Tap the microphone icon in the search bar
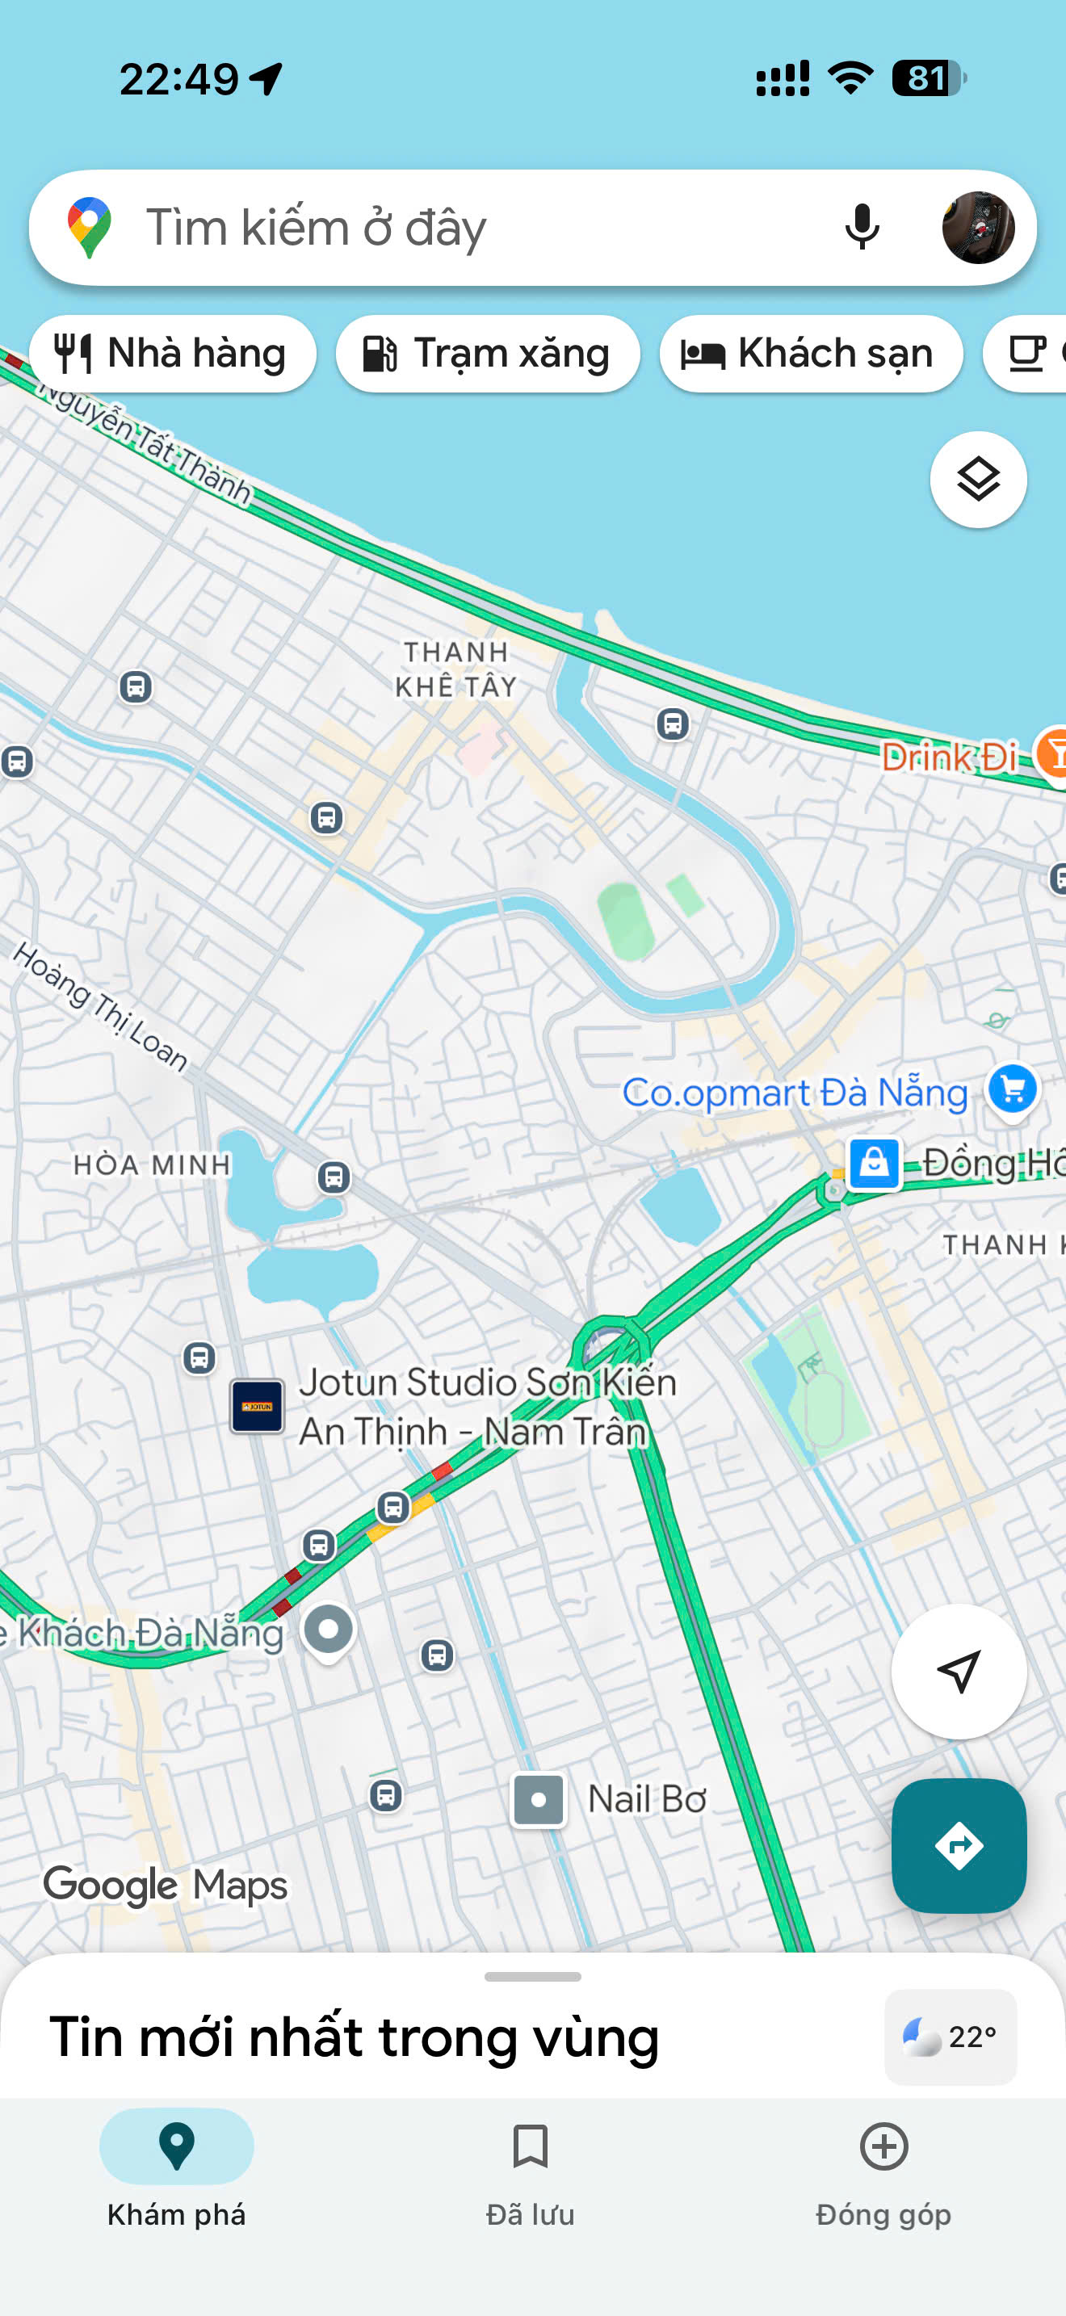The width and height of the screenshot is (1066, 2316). click(x=861, y=227)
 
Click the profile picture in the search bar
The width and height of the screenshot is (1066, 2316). click(x=977, y=227)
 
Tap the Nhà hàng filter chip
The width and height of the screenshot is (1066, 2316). click(x=173, y=354)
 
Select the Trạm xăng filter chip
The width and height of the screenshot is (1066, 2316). click(x=487, y=354)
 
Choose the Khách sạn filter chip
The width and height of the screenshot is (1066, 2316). click(x=810, y=354)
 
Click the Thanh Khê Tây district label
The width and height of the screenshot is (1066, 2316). click(x=455, y=669)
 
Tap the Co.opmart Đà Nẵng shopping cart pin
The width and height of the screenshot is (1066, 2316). click(x=1012, y=1089)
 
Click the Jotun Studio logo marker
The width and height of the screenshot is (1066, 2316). click(x=257, y=1406)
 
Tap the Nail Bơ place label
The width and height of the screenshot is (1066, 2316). click(x=645, y=1799)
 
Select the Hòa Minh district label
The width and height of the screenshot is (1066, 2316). click(x=152, y=1164)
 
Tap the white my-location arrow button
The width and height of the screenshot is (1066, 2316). click(x=958, y=1672)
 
